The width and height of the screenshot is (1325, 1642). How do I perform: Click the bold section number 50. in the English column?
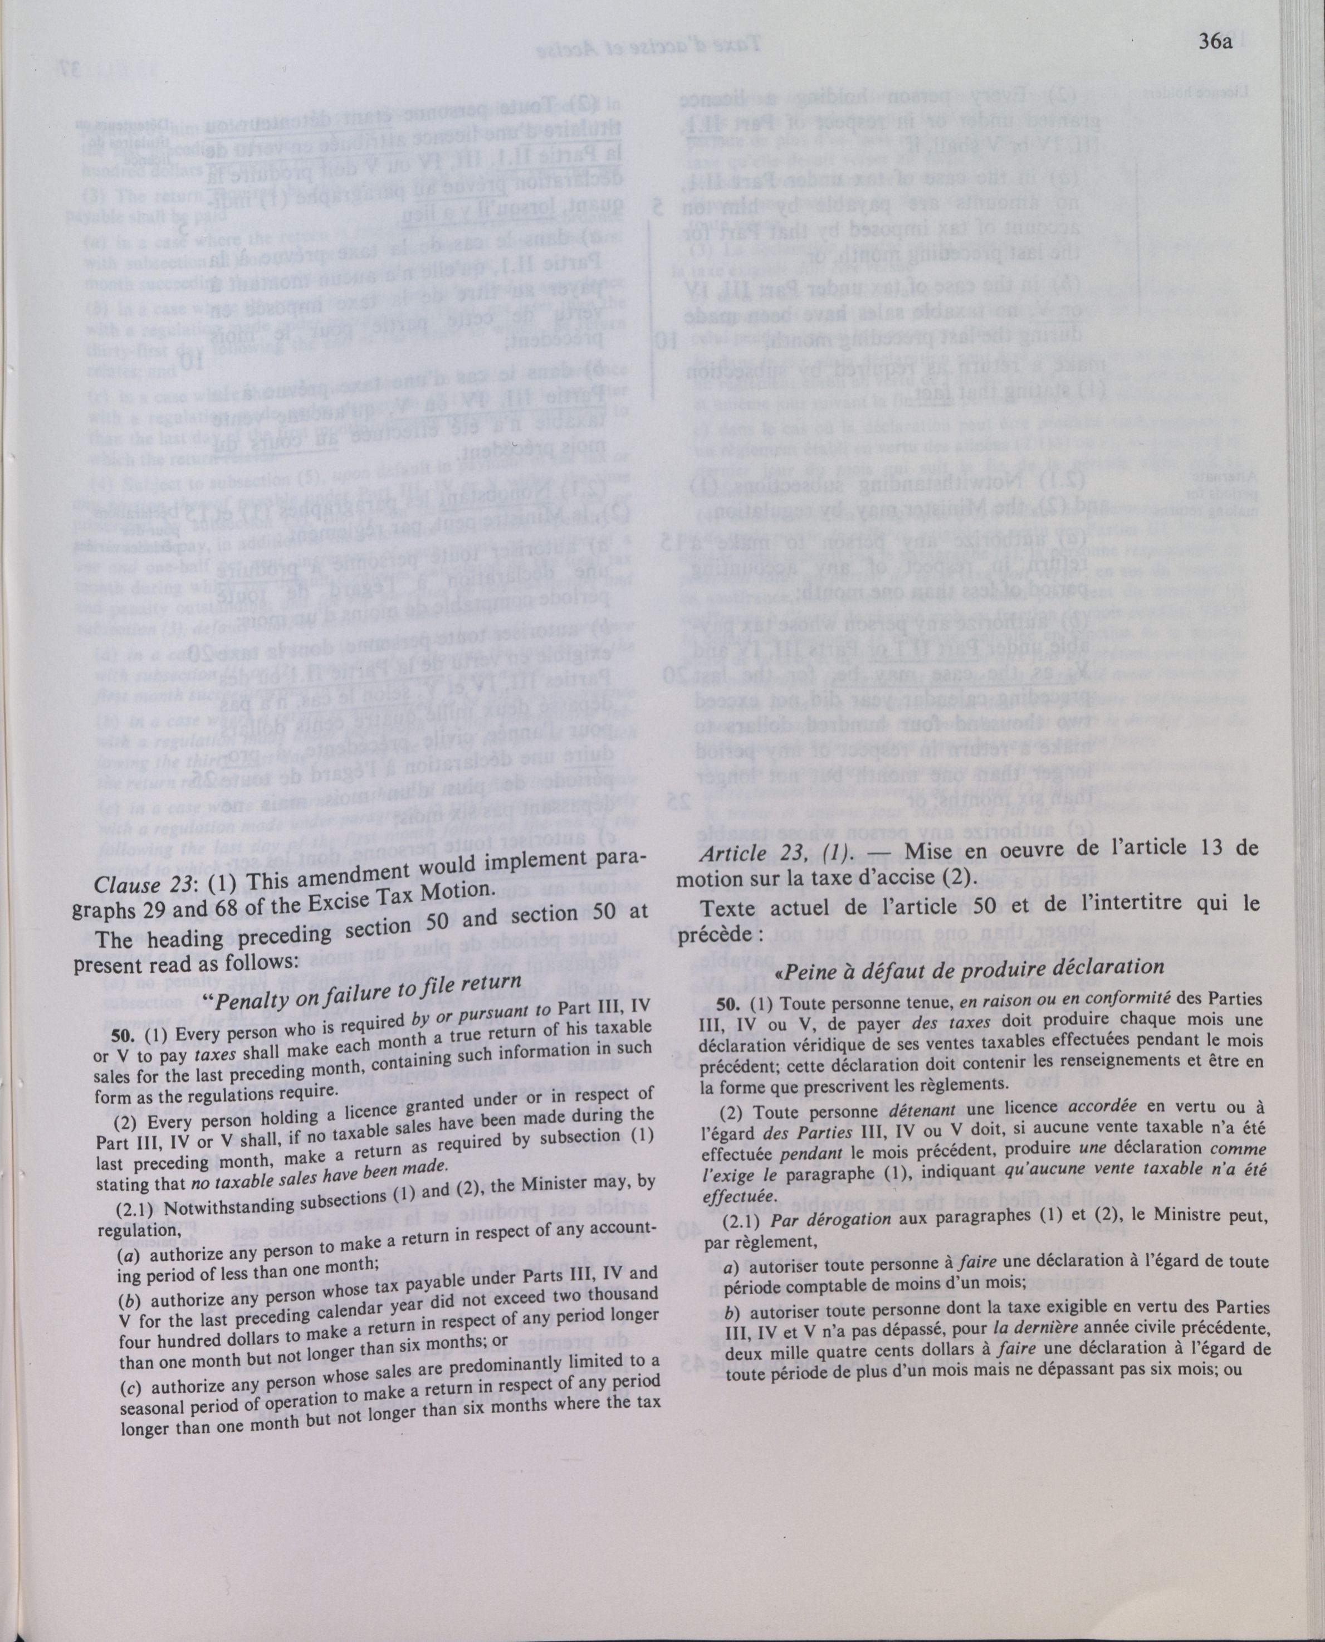coord(124,1033)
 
